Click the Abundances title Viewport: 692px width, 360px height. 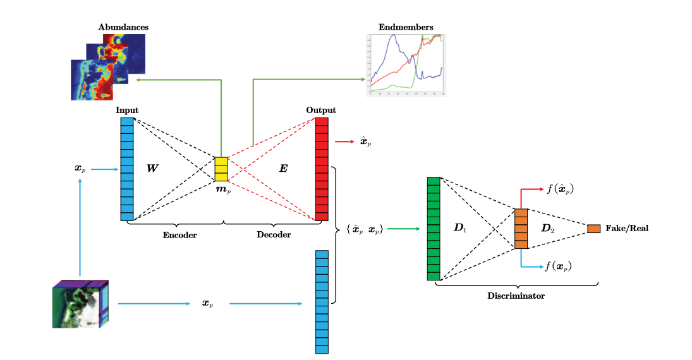click(123, 27)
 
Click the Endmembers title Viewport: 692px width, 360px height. click(406, 27)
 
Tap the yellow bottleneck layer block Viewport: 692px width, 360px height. click(221, 169)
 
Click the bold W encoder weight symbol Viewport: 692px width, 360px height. click(152, 169)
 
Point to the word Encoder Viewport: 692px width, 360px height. click(179, 234)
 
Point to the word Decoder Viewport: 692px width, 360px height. click(274, 234)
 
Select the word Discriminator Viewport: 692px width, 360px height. click(516, 295)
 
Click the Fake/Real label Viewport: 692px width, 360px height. click(626, 229)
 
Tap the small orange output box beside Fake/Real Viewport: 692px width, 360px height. click(593, 229)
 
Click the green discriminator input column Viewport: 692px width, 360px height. click(433, 229)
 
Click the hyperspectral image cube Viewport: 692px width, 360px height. click(80, 304)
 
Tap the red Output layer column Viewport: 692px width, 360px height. click(322, 169)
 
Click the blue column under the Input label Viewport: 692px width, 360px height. click(127, 169)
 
